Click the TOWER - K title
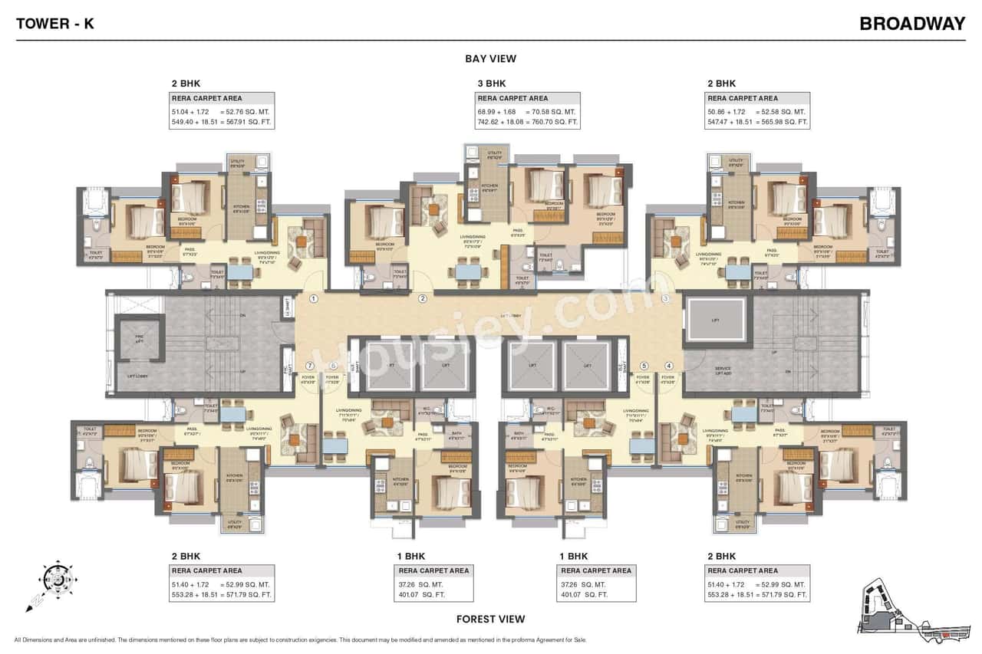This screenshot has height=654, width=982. [55, 23]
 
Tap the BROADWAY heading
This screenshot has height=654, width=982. [912, 23]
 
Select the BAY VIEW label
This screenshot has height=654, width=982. [490, 58]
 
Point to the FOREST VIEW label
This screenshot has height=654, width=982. [490, 619]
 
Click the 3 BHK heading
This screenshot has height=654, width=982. [490, 83]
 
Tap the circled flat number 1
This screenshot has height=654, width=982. [314, 298]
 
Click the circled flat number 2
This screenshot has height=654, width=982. [422, 298]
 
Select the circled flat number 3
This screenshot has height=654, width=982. [666, 298]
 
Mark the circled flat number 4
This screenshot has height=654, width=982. [669, 366]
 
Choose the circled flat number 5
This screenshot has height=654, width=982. [644, 366]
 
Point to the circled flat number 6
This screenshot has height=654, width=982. [333, 366]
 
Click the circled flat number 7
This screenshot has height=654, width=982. [310, 366]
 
